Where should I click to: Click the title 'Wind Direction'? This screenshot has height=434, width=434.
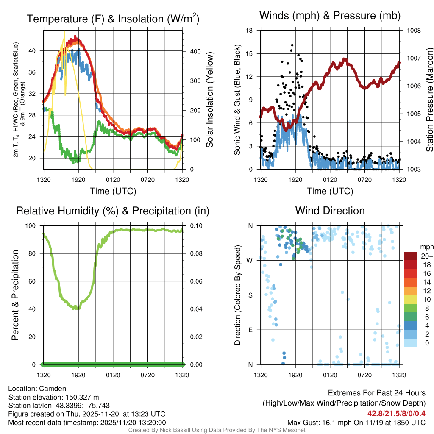[330, 211]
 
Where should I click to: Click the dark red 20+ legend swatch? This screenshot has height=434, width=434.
[411, 256]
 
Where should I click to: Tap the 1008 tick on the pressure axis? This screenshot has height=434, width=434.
[413, 31]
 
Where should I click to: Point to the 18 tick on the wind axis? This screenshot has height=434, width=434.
[249, 31]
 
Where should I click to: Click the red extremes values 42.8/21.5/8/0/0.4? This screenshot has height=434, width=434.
[396, 414]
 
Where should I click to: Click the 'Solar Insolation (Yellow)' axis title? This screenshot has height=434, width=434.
[209, 100]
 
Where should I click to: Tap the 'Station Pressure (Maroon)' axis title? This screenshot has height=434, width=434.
[429, 100]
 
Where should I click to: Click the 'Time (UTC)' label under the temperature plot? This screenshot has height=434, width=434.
[113, 191]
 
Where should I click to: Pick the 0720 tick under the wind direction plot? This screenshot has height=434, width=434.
[364, 375]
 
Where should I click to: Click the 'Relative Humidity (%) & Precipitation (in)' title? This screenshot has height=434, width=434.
[113, 211]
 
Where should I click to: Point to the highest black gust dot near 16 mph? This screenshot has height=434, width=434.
[292, 45]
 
